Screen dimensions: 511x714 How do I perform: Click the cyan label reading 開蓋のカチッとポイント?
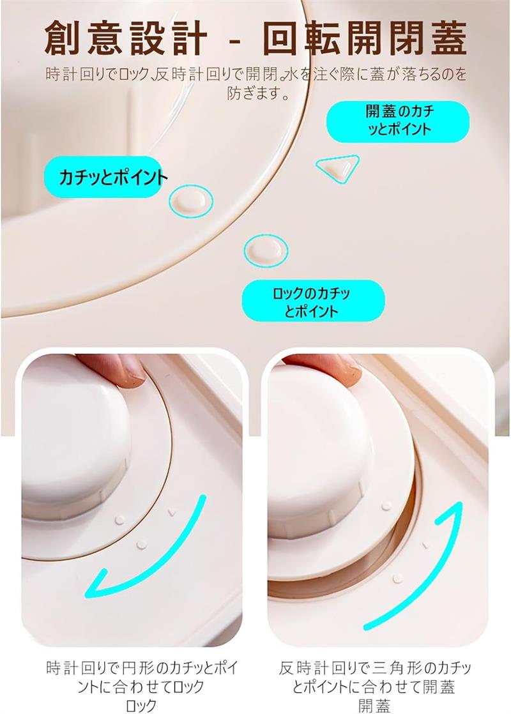(x=397, y=121)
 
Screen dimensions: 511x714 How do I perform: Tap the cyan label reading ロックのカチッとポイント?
(x=313, y=301)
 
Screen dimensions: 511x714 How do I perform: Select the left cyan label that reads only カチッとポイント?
(x=104, y=177)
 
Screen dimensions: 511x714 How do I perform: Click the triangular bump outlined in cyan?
(x=338, y=167)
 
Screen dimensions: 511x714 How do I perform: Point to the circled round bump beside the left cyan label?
(x=191, y=201)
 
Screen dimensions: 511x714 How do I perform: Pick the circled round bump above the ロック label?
(x=266, y=250)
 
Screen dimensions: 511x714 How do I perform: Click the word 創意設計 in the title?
(x=126, y=38)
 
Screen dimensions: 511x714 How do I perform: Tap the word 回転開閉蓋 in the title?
(x=365, y=38)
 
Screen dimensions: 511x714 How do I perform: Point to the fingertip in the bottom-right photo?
(x=337, y=369)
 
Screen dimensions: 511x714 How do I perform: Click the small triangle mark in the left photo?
(x=172, y=512)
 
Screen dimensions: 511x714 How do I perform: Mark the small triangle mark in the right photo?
(x=426, y=544)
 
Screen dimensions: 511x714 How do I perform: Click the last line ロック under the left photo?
(x=141, y=705)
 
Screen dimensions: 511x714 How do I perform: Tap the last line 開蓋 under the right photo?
(x=374, y=705)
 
